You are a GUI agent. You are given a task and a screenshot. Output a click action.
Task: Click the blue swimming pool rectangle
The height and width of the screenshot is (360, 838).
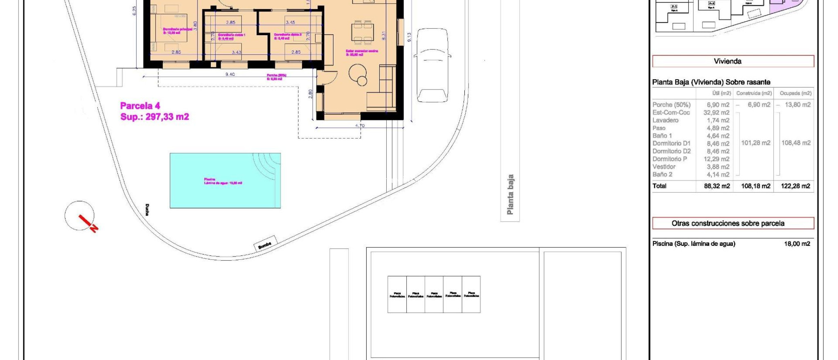point(225,180)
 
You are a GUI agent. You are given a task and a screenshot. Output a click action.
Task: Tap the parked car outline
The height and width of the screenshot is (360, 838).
point(432,65)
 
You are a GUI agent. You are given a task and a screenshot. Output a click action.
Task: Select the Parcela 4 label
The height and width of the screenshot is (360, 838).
point(140,106)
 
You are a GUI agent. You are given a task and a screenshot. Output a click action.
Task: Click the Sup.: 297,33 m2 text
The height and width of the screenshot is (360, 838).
point(155,117)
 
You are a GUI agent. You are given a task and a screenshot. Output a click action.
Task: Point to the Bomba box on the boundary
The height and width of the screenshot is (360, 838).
point(265,244)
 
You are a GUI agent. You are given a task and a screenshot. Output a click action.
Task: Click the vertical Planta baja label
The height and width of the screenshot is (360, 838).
point(510,195)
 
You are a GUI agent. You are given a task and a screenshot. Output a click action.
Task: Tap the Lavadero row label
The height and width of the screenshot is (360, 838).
point(665,120)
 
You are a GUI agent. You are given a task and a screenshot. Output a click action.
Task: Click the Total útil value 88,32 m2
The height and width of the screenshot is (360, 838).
point(717,186)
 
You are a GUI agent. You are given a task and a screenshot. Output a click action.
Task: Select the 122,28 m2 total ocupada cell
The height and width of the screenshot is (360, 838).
point(795,186)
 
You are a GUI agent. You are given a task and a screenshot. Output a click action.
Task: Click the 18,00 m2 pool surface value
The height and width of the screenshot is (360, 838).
point(797,244)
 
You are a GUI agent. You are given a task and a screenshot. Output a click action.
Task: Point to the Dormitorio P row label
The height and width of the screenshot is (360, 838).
point(670,159)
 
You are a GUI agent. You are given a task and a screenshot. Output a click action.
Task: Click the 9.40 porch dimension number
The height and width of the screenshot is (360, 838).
point(230,74)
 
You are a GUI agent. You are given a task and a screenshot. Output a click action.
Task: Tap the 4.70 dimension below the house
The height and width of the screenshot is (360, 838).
point(360,126)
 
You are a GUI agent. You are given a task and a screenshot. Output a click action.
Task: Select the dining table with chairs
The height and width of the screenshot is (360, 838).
point(362,32)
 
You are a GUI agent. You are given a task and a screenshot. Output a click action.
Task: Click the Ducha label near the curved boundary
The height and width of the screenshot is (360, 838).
point(147,210)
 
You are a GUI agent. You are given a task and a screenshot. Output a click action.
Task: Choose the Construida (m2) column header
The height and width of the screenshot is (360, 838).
point(754,93)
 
